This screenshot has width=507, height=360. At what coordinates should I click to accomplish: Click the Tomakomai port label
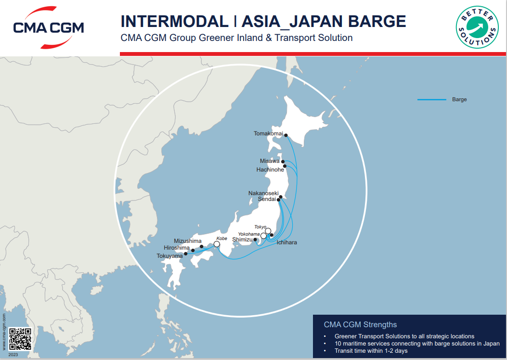click(x=268, y=133)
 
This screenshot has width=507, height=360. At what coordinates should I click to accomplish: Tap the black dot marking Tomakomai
click(x=286, y=135)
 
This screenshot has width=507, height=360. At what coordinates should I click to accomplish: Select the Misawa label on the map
click(x=270, y=161)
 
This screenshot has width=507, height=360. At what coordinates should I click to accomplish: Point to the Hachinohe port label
click(x=271, y=170)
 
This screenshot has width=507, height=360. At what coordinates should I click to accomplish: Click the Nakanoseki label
click(x=263, y=193)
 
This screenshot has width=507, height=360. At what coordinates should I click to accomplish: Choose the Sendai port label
click(x=267, y=199)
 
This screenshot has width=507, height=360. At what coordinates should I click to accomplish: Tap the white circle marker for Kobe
click(x=217, y=244)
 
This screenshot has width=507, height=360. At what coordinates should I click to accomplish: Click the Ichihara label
click(x=286, y=242)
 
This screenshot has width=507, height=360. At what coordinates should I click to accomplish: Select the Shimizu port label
click(x=242, y=239)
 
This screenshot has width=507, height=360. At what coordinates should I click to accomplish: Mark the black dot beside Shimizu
click(x=255, y=239)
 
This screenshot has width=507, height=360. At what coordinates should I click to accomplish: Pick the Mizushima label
click(x=188, y=240)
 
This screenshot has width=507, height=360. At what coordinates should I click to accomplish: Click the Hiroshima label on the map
click(x=176, y=248)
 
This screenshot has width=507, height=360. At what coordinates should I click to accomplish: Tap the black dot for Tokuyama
click(x=186, y=253)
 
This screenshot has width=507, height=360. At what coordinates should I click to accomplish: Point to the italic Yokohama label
click(x=249, y=234)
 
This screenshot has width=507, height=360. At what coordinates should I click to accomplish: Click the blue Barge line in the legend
click(x=431, y=100)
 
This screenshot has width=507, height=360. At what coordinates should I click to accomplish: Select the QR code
click(x=20, y=339)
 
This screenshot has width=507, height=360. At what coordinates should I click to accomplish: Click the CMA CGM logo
click(x=48, y=27)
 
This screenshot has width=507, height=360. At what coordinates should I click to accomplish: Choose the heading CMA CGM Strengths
click(x=360, y=324)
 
